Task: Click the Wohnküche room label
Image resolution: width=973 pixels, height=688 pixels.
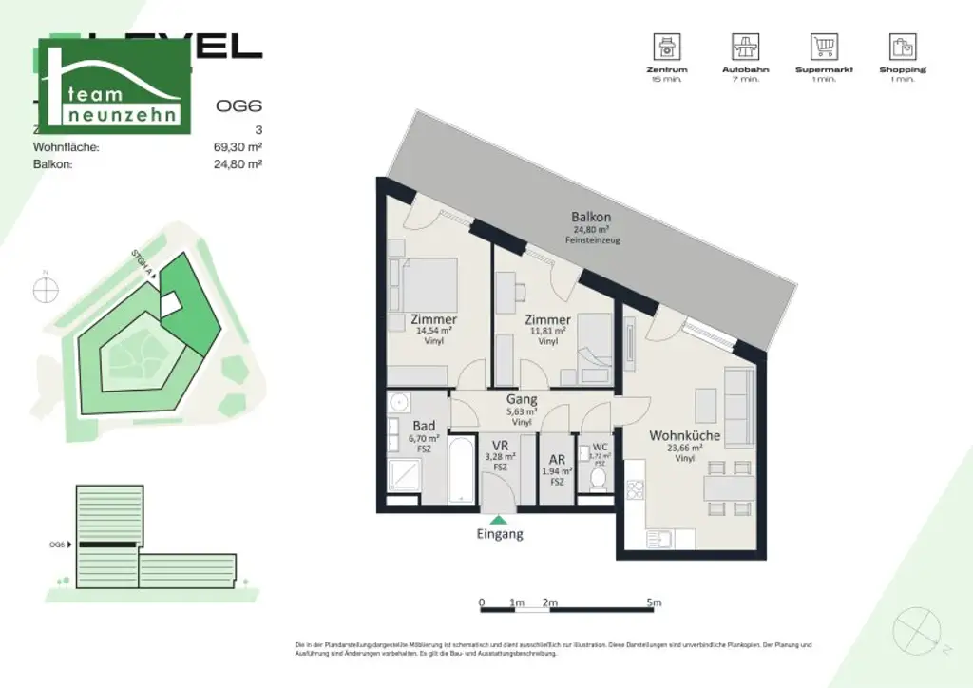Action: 684,436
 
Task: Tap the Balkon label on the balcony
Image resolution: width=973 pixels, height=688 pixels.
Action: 590,217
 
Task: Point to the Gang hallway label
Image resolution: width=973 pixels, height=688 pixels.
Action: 522,400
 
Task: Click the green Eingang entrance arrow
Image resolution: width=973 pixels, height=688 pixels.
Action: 499,519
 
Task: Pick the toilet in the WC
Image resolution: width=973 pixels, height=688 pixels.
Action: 599,476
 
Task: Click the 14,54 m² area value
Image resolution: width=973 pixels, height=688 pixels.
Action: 435,331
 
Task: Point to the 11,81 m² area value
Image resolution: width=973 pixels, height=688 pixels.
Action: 547,332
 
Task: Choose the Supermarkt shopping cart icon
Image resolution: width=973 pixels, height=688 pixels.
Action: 823,46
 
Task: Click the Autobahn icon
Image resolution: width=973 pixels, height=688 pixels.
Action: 745,46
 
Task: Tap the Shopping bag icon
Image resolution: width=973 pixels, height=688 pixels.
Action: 902,46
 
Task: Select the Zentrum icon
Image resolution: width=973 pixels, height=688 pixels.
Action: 665,46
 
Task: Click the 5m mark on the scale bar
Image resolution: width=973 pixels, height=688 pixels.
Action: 653,602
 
